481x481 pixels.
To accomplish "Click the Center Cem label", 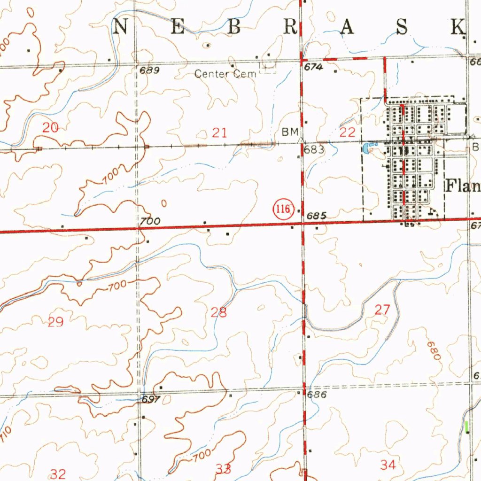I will (x=225, y=74).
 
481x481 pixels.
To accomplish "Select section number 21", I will (x=219, y=132).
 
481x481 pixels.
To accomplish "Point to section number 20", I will (x=50, y=127).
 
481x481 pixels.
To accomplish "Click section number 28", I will (x=219, y=312).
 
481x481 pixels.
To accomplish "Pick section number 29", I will (x=55, y=322).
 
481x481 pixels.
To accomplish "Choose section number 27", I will (x=382, y=310).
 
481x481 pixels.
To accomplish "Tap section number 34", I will (x=388, y=465).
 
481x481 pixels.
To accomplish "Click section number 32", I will (x=58, y=473).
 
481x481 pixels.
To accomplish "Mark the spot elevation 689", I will (x=149, y=71).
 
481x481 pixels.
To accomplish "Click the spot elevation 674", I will (x=313, y=68).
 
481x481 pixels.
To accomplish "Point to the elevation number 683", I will (x=314, y=150).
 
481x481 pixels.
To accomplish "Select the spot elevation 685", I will (x=316, y=216).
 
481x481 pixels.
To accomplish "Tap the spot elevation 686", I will (x=317, y=395).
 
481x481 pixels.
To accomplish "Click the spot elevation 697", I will (x=152, y=399).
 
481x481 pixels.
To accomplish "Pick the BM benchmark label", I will (x=290, y=132).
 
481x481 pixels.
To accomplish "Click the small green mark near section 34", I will (x=467, y=427).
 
